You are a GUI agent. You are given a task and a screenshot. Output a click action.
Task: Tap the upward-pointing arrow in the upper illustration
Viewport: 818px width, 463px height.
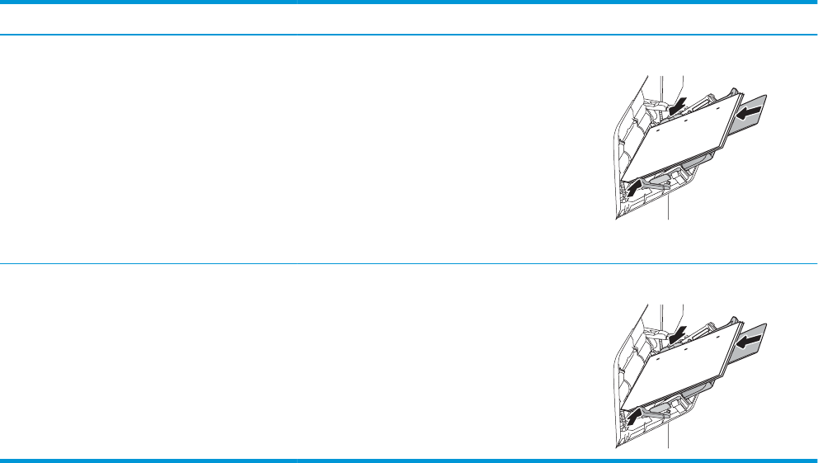coord(632,188)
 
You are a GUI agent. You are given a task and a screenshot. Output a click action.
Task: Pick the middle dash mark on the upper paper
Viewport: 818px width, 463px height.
coord(685,120)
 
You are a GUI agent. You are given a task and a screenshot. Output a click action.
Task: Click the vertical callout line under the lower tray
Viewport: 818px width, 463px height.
coord(667,435)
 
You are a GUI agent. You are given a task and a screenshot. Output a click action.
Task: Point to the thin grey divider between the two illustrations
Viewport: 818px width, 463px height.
coord(409,264)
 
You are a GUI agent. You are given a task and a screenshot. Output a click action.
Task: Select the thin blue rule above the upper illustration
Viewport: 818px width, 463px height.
coord(409,35)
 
